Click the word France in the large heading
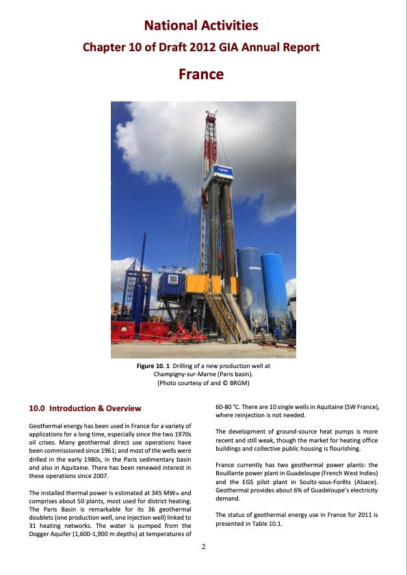pyautogui.click(x=201, y=74)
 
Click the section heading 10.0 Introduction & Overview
pyautogui.click(x=85, y=408)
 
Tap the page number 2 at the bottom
pyautogui.click(x=203, y=546)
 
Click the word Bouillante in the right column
pyautogui.click(x=231, y=473)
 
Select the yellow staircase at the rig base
pyautogui.click(x=224, y=313)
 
